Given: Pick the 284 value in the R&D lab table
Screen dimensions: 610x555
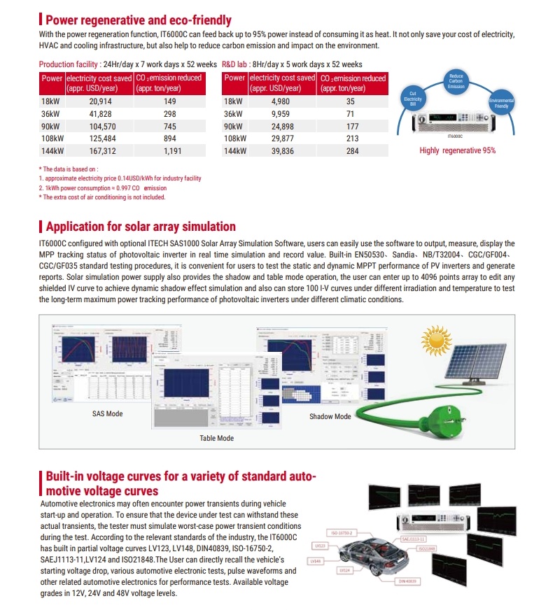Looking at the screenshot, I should click(351, 150).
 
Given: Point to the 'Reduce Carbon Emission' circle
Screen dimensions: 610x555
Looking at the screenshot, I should click(456, 80).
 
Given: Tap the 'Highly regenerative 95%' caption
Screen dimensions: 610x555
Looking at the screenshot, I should click(457, 150).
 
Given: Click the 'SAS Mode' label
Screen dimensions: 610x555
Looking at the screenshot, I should click(107, 414).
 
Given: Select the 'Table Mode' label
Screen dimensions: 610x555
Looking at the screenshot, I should click(216, 439).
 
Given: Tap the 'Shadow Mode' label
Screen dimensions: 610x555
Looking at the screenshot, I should click(330, 417).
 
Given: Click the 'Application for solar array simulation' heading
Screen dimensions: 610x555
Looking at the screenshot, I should click(141, 227).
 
